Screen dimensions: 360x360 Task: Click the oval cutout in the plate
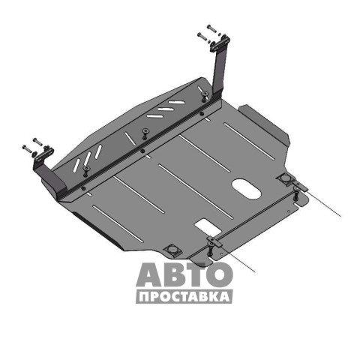(x=247, y=189)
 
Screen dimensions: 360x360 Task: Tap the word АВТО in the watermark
(x=184, y=274)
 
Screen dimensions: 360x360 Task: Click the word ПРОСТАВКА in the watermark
(x=184, y=297)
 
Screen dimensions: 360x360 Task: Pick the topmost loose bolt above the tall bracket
(x=211, y=28)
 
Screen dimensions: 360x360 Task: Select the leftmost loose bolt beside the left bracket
(x=27, y=148)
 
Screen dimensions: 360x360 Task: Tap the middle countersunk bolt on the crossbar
(x=145, y=133)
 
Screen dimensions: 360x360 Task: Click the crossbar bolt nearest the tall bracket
(x=205, y=96)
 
